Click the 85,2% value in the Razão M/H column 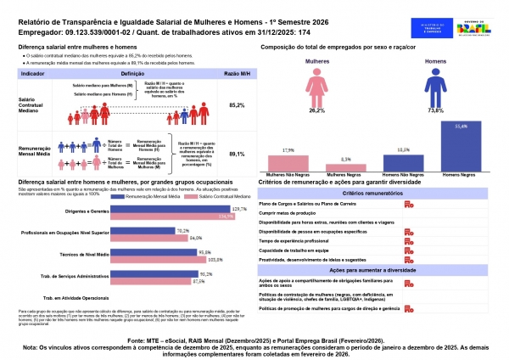237,104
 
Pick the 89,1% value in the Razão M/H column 237,155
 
